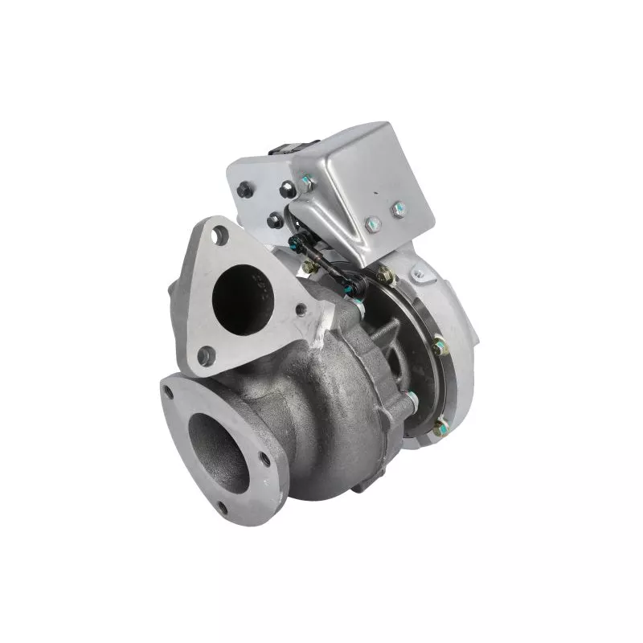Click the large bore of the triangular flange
242,297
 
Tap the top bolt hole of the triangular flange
219,235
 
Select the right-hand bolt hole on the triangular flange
300,309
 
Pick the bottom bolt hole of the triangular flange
205,354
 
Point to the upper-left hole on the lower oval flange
168,392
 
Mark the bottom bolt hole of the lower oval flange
221,507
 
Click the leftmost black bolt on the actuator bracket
244,190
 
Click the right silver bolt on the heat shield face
398,211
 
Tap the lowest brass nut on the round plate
440,427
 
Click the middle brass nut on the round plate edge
440,347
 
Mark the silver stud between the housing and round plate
411,397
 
